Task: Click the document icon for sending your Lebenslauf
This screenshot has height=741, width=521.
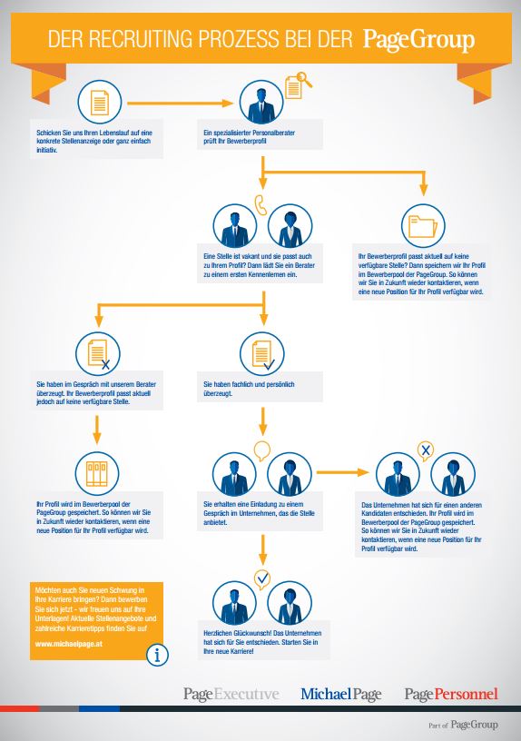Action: coord(99,102)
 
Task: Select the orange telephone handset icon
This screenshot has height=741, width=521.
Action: coord(260,204)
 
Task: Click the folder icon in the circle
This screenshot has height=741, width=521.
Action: coord(423,226)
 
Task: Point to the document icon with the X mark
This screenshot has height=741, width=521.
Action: coord(98,354)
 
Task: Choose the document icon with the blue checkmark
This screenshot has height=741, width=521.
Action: coord(262,354)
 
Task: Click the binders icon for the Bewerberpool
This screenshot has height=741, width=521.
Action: coord(97,473)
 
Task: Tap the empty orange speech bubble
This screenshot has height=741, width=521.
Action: coord(262,450)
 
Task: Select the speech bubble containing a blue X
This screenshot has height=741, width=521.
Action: coord(426,450)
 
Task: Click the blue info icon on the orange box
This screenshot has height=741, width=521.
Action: coord(157,655)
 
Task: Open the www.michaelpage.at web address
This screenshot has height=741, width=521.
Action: coord(68,644)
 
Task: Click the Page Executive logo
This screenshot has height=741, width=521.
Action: coord(231,694)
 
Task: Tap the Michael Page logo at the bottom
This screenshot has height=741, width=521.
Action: coord(341,694)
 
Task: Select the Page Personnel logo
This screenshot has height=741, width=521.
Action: coord(451,694)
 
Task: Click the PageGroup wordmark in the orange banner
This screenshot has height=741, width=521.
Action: coord(418,40)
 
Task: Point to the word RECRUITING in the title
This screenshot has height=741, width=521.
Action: coord(141,39)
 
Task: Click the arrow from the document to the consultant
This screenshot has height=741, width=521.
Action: coord(181,103)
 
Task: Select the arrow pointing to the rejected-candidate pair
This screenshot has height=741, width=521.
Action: coord(342,472)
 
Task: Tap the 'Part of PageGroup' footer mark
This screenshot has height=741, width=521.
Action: coord(463,725)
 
